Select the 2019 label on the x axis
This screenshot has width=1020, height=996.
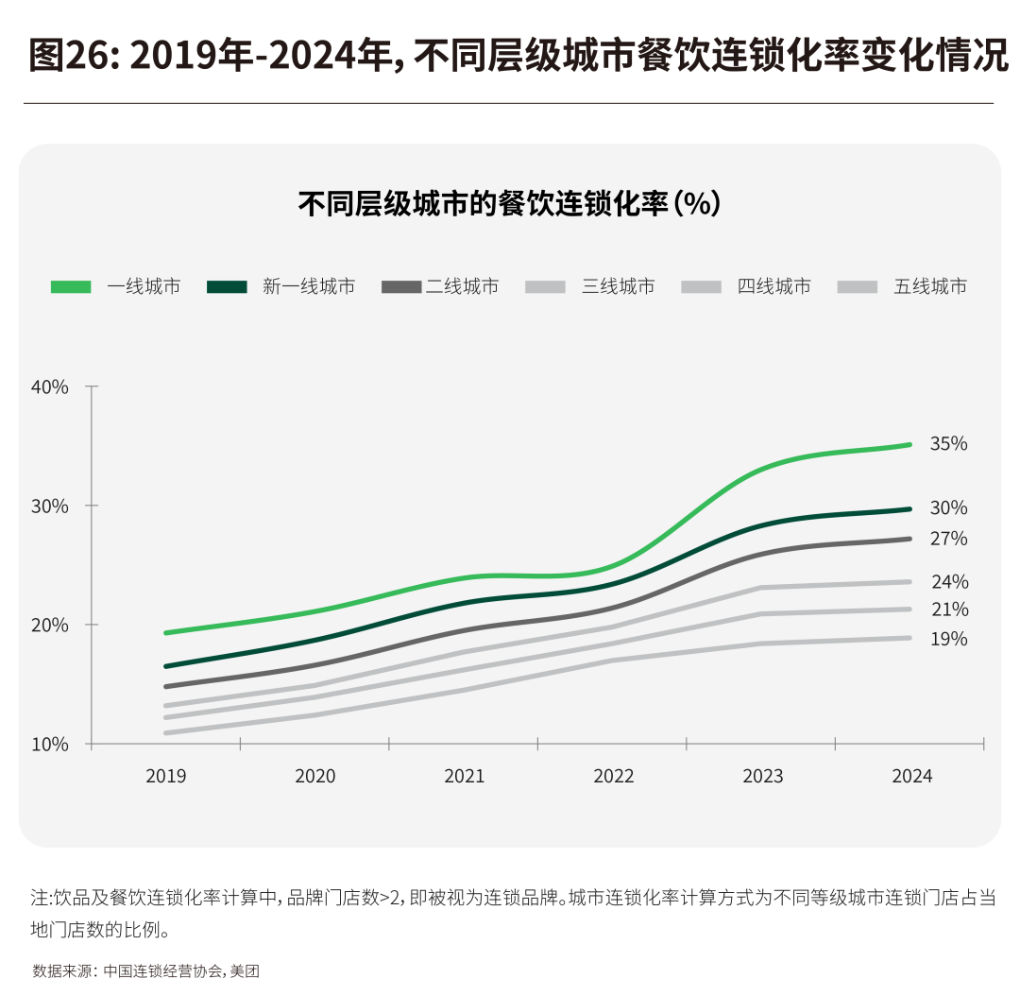(166, 776)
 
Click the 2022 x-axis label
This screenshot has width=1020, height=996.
(614, 776)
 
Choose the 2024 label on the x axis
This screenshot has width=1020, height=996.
(911, 776)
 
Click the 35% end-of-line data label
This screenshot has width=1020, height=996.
(948, 443)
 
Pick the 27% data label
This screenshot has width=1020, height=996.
(948, 539)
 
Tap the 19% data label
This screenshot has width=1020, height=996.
(948, 639)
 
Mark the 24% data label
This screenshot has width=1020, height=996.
(948, 582)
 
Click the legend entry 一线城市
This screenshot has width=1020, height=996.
(144, 286)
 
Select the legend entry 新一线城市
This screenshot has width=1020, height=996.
(309, 286)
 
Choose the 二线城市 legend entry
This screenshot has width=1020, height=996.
(462, 286)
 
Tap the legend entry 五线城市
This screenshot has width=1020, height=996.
(930, 286)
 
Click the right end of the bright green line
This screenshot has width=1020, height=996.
(909, 444)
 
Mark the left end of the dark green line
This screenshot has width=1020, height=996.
(166, 666)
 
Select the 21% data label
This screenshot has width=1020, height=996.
(948, 610)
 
